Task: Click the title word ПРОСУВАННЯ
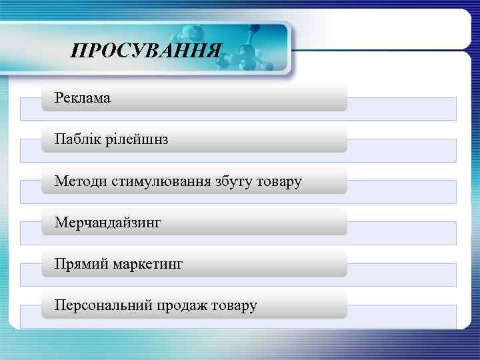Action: (x=145, y=51)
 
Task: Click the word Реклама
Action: (x=83, y=99)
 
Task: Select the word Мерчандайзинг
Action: (x=108, y=223)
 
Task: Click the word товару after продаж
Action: (x=233, y=306)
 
